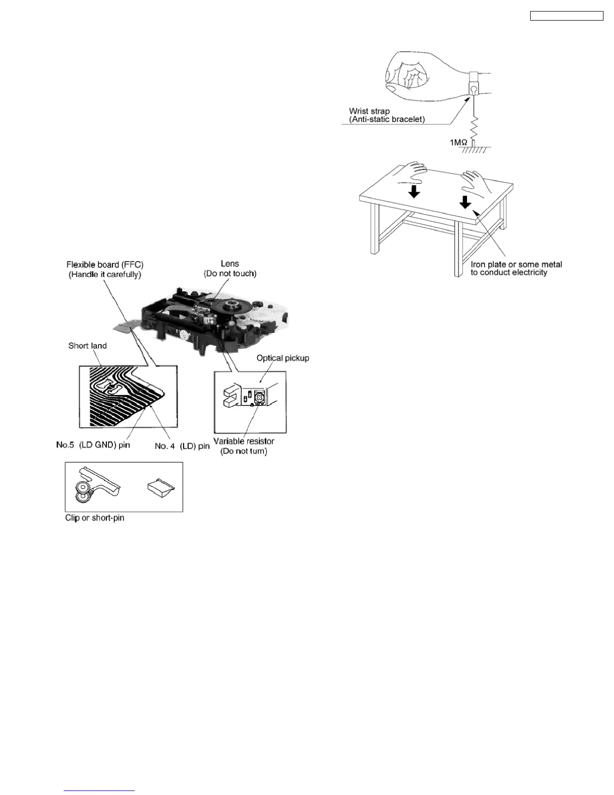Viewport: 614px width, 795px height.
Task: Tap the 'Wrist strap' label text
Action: (369, 111)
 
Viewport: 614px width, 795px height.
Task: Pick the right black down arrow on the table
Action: (465, 201)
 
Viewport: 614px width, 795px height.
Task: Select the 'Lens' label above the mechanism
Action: (230, 263)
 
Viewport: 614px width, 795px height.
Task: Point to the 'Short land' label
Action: (87, 346)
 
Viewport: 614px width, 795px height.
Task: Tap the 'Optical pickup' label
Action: (282, 358)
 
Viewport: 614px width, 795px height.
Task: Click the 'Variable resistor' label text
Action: (244, 441)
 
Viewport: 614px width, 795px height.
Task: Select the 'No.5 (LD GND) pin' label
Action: (93, 445)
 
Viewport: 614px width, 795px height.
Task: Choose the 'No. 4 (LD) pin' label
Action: (182, 446)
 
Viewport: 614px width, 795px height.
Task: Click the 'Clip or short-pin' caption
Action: (95, 517)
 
